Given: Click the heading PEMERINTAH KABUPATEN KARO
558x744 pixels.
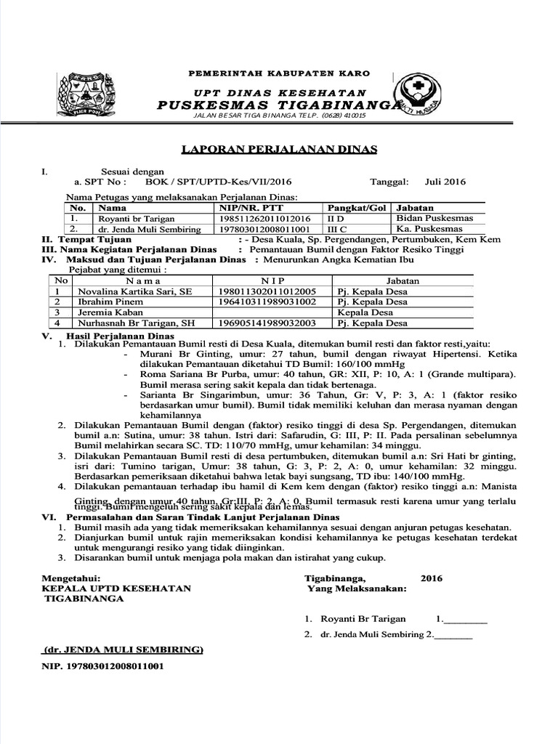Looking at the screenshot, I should coord(279,73).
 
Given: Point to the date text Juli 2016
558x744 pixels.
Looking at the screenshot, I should coord(445,182).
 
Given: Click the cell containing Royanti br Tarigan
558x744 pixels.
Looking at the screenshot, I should coord(130,219).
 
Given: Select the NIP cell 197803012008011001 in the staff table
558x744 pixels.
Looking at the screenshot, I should coord(259,229).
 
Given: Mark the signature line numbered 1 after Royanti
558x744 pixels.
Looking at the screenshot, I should coord(464,620).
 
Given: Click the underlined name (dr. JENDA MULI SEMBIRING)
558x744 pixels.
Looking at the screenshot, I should coord(124,649).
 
